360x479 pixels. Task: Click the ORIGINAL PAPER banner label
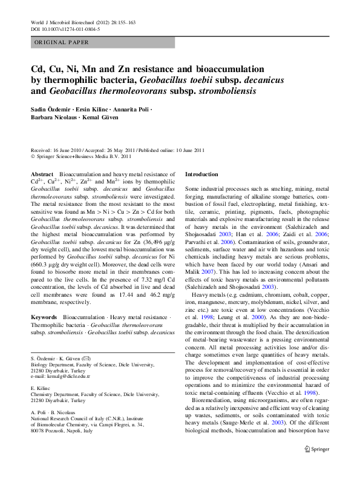click(x=61, y=43)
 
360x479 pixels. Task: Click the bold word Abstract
click(x=42, y=174)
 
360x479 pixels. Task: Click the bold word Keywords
click(x=44, y=317)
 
